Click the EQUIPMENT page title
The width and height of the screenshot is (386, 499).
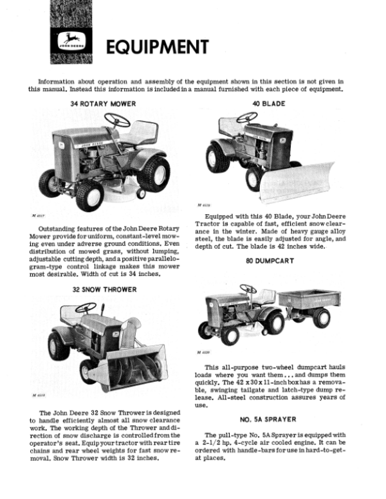(x=157, y=47)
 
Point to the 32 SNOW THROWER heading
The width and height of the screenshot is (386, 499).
(x=104, y=289)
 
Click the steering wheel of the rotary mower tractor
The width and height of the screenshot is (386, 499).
(x=117, y=120)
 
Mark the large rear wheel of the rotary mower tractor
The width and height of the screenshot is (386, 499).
(x=154, y=174)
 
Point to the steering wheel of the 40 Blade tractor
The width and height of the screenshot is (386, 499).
(x=246, y=118)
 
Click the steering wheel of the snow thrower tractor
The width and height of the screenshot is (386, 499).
(x=86, y=308)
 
